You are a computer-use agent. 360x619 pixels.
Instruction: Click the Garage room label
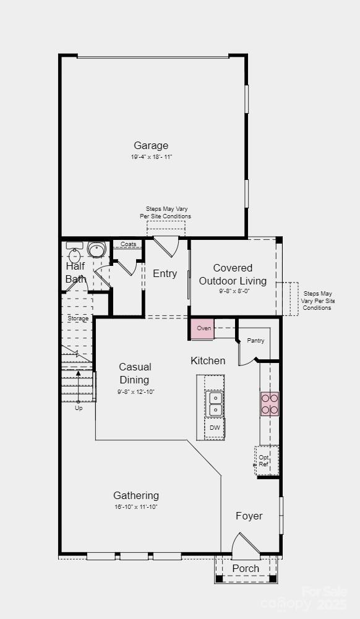click(151, 146)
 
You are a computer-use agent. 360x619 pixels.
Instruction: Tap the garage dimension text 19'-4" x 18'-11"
click(151, 157)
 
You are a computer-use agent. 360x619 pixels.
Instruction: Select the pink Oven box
click(203, 328)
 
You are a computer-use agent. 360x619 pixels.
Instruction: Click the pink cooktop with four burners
click(270, 403)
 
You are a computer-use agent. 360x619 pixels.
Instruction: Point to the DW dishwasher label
click(215, 427)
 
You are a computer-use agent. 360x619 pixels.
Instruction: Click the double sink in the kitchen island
click(215, 403)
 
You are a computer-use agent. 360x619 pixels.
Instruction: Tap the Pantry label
click(255, 341)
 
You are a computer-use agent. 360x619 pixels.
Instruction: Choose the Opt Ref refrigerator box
click(265, 460)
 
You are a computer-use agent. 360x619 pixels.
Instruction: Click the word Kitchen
click(208, 361)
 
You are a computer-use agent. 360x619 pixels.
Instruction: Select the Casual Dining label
click(135, 374)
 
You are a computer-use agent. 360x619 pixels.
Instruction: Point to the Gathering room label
click(136, 495)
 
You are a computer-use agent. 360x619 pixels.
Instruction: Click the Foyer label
click(249, 516)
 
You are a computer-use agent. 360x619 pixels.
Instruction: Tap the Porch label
click(246, 568)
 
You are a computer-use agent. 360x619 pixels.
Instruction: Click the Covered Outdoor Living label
click(233, 274)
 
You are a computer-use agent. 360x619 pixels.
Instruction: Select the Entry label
click(165, 274)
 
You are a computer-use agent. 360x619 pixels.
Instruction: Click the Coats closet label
click(128, 244)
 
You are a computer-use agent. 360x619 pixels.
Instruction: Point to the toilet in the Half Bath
click(96, 249)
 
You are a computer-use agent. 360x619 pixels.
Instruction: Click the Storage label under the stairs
click(78, 318)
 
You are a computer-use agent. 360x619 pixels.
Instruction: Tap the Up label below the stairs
click(79, 408)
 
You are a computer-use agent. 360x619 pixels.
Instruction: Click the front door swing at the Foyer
click(247, 547)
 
